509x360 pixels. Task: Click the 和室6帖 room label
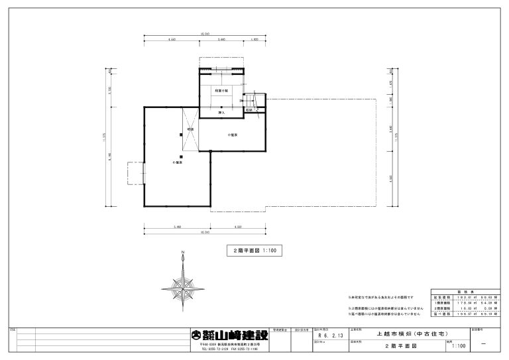[222, 90]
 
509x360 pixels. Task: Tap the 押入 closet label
[222, 112]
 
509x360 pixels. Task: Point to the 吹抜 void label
[190, 129]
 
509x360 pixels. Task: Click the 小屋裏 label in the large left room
[178, 162]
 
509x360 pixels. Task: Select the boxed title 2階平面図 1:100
[255, 251]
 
